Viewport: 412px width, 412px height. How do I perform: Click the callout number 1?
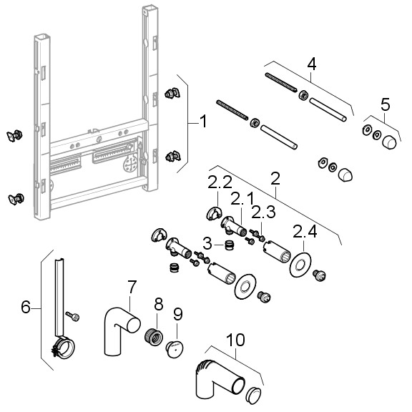tap(203, 122)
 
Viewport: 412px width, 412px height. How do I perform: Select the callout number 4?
tap(312, 64)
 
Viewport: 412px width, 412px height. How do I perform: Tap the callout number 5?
tap(386, 104)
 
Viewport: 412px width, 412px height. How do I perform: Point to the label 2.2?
tap(220, 182)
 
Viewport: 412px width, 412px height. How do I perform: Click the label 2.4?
tap(305, 231)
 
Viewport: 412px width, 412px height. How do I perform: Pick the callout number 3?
tap(207, 244)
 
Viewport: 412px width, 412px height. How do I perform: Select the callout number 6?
tap(26, 307)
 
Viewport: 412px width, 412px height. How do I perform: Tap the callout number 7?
tap(132, 287)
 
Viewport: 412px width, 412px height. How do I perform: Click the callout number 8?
tap(159, 304)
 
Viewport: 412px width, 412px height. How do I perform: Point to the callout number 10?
tap(236, 340)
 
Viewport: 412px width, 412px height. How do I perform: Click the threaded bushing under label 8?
tap(154, 337)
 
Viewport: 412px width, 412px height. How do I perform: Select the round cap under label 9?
tap(175, 349)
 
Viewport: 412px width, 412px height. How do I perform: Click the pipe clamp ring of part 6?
tap(64, 347)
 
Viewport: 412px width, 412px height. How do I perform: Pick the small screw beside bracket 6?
tap(72, 316)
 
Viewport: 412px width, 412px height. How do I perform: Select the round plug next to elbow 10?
tap(253, 396)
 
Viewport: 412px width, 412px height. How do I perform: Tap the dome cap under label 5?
tap(389, 142)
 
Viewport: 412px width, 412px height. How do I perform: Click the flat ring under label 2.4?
tap(300, 265)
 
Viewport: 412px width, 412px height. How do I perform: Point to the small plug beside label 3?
tap(229, 245)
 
